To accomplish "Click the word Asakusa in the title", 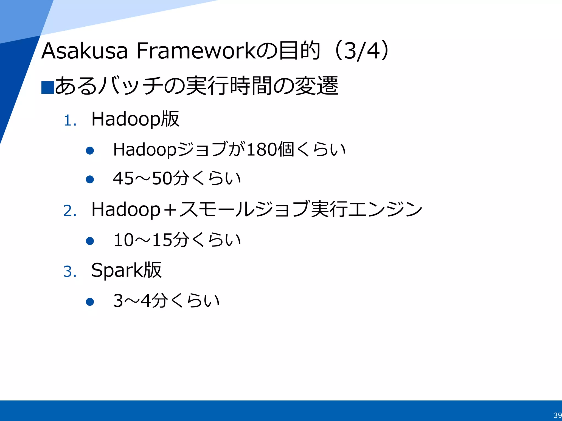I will coord(85,51).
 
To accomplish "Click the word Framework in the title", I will coord(196,51).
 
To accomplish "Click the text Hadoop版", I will coord(135,119).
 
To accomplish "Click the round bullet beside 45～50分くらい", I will coord(90,179).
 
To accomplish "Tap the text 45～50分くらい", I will coord(177,179).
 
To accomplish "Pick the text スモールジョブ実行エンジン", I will coord(300,210).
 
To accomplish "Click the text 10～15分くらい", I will coord(177,240).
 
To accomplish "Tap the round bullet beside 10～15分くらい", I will coord(90,241).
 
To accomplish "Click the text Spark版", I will coord(126,270).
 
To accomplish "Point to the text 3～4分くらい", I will coord(166,301).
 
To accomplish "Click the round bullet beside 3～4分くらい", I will coord(90,302).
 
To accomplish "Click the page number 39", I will coord(557,415).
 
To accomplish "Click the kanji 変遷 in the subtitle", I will coord(316,86).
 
